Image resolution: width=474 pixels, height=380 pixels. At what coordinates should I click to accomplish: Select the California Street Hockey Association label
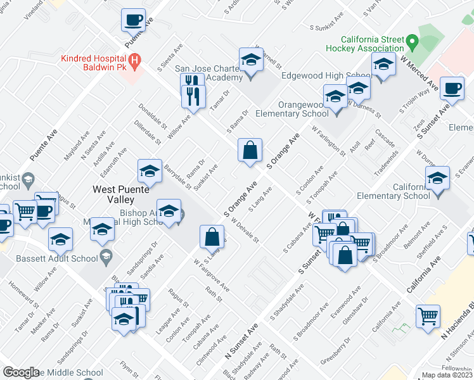coord(364,43)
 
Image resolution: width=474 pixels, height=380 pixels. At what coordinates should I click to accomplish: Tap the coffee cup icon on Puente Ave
coord(133,20)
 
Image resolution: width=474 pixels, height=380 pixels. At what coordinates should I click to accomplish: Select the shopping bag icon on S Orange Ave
coord(250,151)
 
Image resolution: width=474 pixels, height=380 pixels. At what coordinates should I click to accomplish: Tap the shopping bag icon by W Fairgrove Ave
coord(212,237)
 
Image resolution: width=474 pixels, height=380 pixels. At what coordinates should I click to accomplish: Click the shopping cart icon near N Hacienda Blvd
coord(428,315)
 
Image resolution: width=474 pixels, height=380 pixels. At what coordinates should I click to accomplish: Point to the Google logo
coord(21,372)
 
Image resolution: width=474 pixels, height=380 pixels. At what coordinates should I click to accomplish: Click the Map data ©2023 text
coord(447,375)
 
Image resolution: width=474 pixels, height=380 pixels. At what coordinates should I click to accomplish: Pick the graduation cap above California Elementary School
coord(437,179)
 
